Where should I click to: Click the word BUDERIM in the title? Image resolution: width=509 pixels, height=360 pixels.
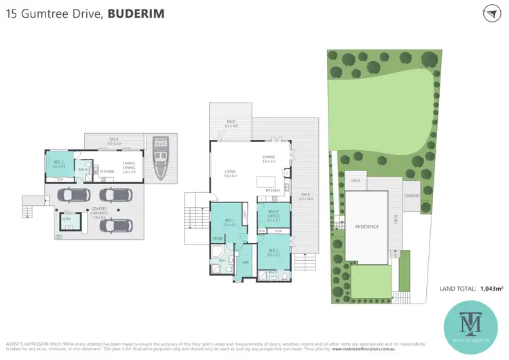(135, 13)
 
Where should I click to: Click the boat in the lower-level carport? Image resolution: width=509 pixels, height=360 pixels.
(161, 161)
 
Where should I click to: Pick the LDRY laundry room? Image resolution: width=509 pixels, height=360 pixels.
(67, 219)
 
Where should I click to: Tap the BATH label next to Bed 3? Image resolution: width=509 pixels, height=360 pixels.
(82, 170)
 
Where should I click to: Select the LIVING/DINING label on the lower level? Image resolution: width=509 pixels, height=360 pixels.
(129, 170)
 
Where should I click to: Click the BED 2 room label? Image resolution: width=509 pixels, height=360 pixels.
(273, 252)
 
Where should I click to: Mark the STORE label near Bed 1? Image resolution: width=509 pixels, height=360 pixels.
(218, 239)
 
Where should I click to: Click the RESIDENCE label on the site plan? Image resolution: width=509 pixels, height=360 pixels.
(366, 226)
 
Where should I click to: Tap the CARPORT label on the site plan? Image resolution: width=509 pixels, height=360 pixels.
(412, 196)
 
